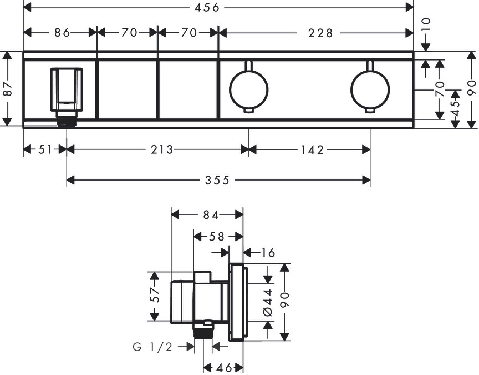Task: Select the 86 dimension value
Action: [x=63, y=32]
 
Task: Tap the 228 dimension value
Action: [x=320, y=33]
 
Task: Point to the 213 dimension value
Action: [x=162, y=149]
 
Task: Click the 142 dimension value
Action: [x=312, y=150]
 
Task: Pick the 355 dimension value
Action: [x=217, y=181]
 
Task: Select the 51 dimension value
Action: [x=45, y=149]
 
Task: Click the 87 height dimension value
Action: [x=8, y=89]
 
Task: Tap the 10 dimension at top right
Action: [x=426, y=24]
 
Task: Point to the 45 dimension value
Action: [x=456, y=108]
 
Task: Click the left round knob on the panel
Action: [x=249, y=89]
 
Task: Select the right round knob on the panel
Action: [x=370, y=89]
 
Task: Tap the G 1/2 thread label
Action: [x=153, y=347]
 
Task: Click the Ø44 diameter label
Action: [x=268, y=302]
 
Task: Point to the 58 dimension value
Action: [x=217, y=237]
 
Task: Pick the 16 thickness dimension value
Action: [x=268, y=253]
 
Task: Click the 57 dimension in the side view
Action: [x=156, y=295]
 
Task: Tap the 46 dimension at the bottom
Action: [x=224, y=368]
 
